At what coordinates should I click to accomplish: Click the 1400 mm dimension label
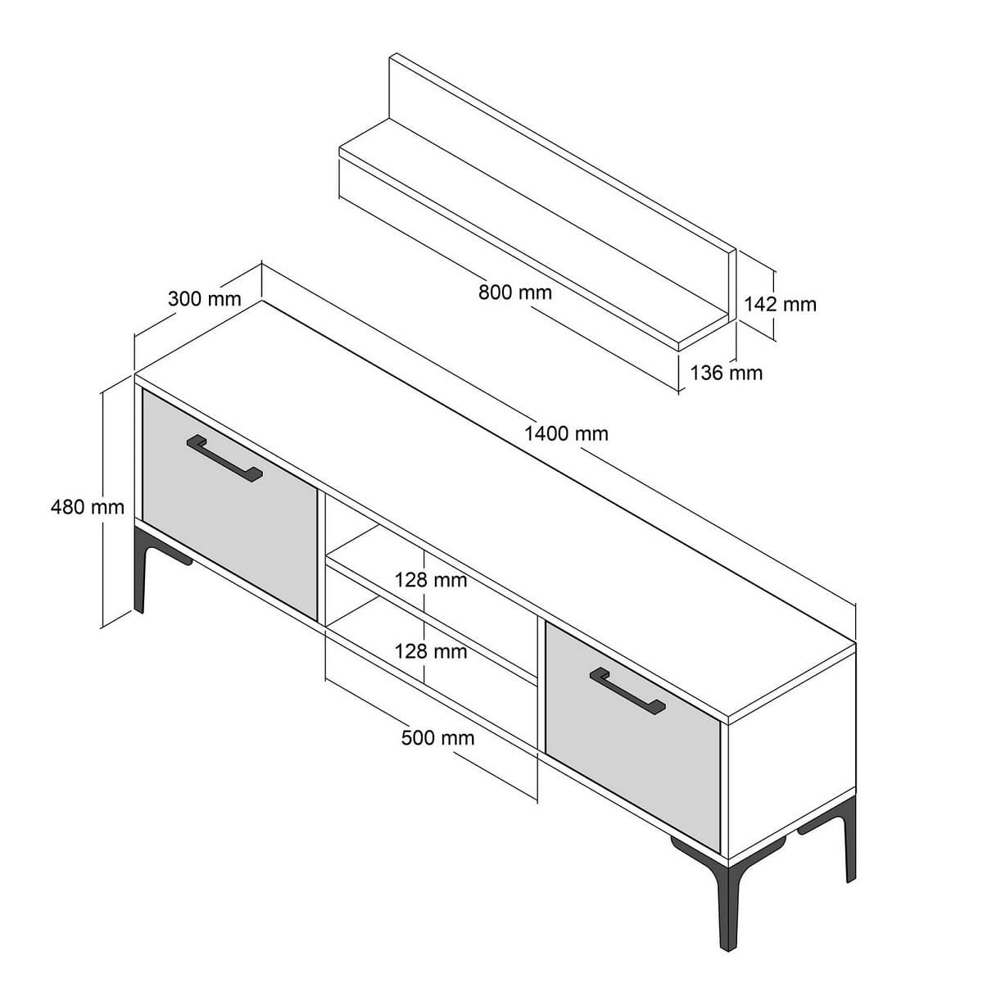click(566, 433)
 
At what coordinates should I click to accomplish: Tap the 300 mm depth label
click(204, 298)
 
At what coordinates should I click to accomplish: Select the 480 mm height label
click(87, 507)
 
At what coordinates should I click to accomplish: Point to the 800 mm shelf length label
click(515, 292)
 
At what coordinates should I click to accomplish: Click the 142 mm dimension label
click(780, 304)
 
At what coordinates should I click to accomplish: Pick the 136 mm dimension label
click(726, 374)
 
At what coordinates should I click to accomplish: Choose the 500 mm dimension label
click(437, 737)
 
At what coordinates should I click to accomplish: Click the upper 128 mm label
click(431, 580)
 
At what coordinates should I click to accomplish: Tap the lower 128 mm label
click(431, 651)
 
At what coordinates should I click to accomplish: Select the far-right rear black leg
click(849, 844)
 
